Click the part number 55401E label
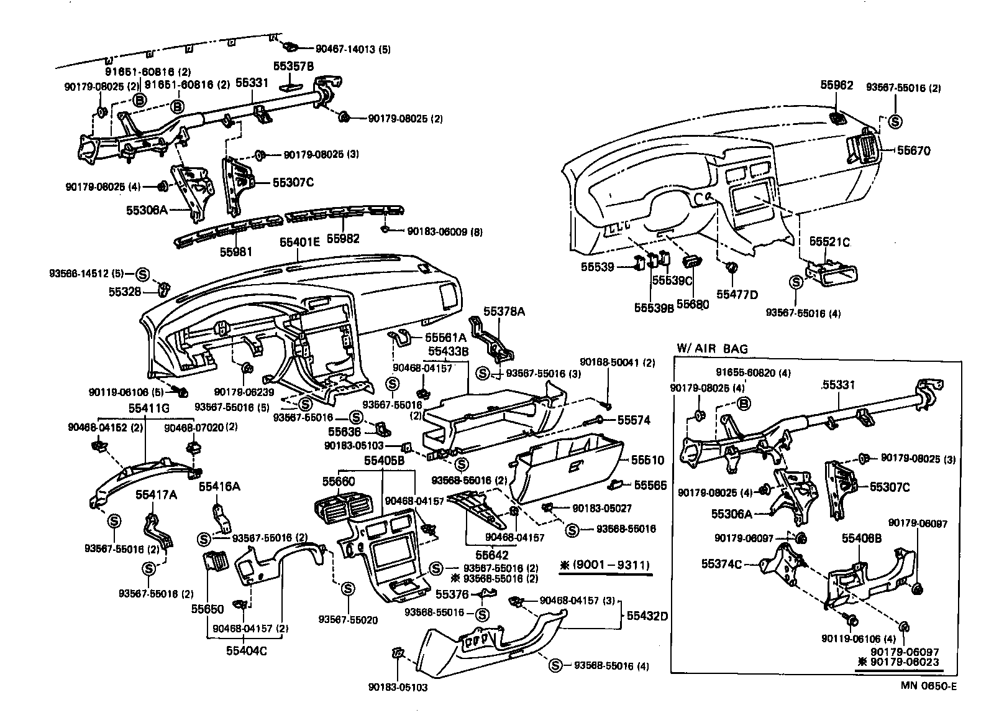point(299,242)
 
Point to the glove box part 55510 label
point(648,461)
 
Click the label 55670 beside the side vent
point(913,150)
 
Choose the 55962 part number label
point(837,85)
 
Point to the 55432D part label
point(647,616)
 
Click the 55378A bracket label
point(504,311)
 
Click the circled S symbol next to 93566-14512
point(141,273)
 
